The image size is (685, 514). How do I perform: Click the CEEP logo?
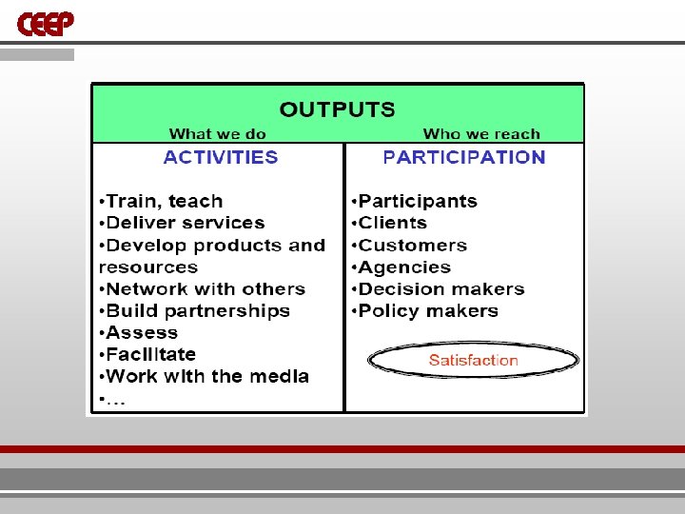pyautogui.click(x=45, y=23)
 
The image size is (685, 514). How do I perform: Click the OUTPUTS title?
pyautogui.click(x=337, y=109)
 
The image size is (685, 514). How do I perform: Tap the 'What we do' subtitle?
pyautogui.click(x=217, y=134)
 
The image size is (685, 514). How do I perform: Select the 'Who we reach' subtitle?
pyautogui.click(x=480, y=134)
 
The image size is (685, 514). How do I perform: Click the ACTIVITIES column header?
pyautogui.click(x=221, y=157)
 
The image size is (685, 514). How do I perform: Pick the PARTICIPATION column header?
pyautogui.click(x=463, y=157)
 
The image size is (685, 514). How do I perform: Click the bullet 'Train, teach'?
pyautogui.click(x=161, y=201)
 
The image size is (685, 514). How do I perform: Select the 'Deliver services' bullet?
pyautogui.click(x=182, y=223)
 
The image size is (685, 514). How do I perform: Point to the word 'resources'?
pyautogui.click(x=147, y=267)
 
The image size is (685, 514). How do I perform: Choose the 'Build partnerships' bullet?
pyautogui.click(x=194, y=310)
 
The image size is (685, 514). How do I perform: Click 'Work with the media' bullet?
pyautogui.click(x=204, y=376)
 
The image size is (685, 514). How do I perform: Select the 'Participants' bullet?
pyautogui.click(x=414, y=201)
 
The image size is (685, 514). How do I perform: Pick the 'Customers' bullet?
pyautogui.click(x=409, y=245)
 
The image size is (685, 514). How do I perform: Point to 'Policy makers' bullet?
pyautogui.click(x=424, y=310)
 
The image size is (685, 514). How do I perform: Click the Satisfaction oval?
pyautogui.click(x=473, y=360)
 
